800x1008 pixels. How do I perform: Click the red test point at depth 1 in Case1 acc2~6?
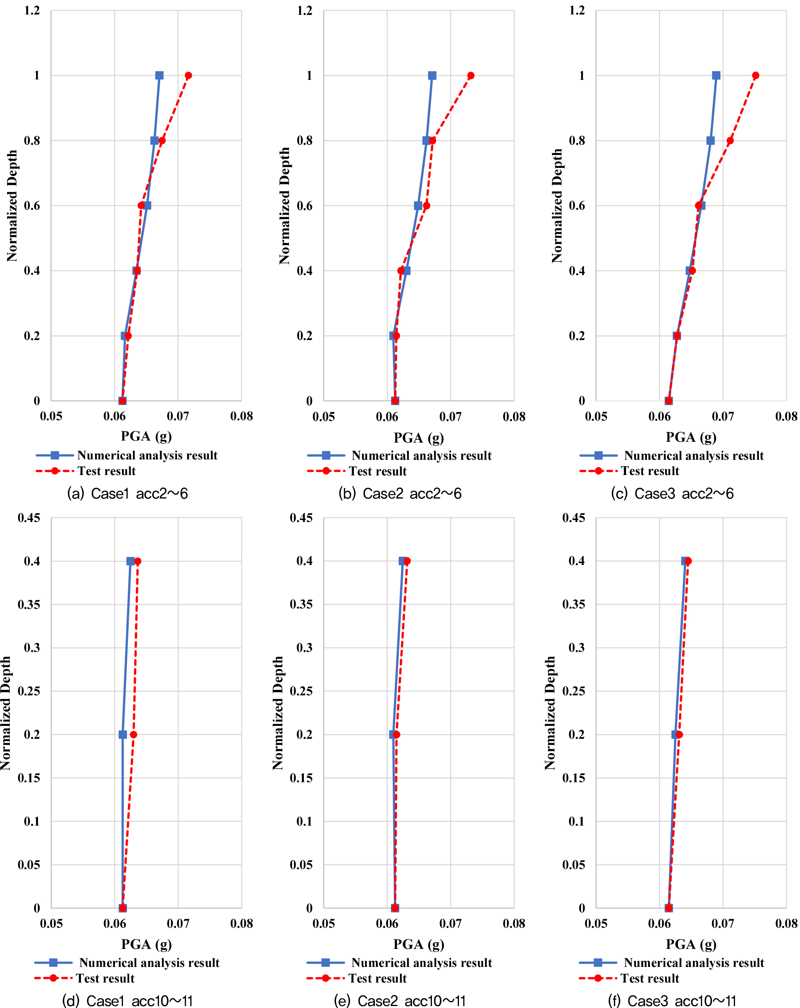pyautogui.click(x=188, y=75)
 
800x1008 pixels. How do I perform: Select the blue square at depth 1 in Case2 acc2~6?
pyautogui.click(x=432, y=75)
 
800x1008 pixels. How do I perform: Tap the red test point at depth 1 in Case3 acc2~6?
pyautogui.click(x=755, y=75)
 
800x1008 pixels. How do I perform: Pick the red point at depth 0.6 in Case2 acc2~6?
pyautogui.click(x=426, y=206)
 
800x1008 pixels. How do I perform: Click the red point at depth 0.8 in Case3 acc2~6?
pyautogui.click(x=730, y=140)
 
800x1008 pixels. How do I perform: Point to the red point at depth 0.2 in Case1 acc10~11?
pyautogui.click(x=133, y=734)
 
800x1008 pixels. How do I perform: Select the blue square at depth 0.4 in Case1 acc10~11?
pyautogui.click(x=130, y=561)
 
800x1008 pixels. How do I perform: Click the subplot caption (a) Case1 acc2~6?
pyautogui.click(x=127, y=493)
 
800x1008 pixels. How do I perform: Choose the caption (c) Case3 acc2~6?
pyautogui.click(x=672, y=493)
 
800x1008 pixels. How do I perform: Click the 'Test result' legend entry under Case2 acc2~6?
pyautogui.click(x=377, y=471)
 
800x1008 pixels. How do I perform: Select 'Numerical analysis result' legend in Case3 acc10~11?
pyautogui.click(x=693, y=963)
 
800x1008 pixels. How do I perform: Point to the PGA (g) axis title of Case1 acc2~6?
pyautogui.click(x=146, y=436)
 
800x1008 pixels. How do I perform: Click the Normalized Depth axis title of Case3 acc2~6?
pyautogui.click(x=556, y=206)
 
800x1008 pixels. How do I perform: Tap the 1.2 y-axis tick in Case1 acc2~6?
pyautogui.click(x=32, y=10)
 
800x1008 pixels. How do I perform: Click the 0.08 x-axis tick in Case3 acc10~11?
pyautogui.click(x=786, y=923)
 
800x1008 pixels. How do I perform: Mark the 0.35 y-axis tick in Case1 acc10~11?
pyautogui.click(x=29, y=605)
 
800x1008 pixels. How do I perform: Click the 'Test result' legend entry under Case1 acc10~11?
pyautogui.click(x=105, y=978)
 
